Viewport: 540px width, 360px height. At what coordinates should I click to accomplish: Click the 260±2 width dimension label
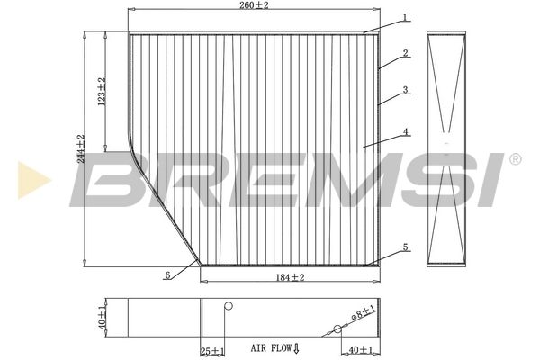click(x=255, y=5)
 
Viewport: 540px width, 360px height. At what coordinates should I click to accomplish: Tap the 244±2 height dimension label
click(x=80, y=148)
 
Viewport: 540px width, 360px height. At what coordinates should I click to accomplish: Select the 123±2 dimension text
click(x=103, y=92)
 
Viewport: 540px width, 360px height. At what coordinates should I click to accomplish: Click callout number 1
click(x=406, y=17)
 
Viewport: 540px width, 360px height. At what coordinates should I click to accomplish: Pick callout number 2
click(x=406, y=53)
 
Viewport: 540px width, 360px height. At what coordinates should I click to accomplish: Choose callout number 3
click(x=406, y=90)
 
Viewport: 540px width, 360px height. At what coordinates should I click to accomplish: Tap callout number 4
click(x=406, y=131)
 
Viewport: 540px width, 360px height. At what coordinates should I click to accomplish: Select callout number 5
click(x=406, y=247)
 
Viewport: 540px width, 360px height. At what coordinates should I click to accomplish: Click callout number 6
click(x=167, y=275)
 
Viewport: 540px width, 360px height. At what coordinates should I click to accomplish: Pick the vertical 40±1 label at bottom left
click(x=103, y=316)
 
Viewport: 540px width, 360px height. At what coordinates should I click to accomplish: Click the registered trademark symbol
click(x=515, y=159)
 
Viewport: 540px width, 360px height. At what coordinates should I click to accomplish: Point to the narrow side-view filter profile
click(x=448, y=149)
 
